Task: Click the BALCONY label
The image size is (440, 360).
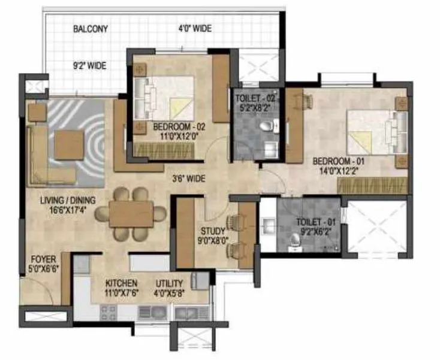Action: [90, 29]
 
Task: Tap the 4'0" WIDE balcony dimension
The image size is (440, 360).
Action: [195, 29]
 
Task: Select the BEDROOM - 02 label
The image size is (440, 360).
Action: [179, 127]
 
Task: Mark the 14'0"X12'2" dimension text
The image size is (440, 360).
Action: [340, 171]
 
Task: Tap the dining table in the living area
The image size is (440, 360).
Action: [131, 214]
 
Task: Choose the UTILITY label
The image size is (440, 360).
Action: [169, 283]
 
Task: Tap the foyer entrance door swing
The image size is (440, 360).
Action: [36, 294]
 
